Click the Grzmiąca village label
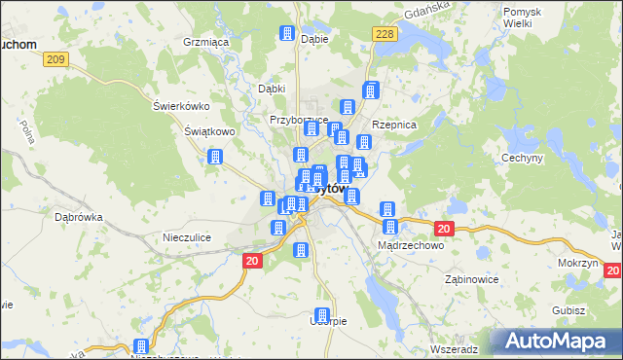[205, 43]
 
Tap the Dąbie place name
[314, 40]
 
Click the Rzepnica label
[394, 126]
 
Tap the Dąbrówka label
[79, 218]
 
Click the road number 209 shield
[56, 60]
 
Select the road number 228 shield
[385, 35]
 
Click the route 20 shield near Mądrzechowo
[444, 229]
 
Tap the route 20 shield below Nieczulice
[252, 261]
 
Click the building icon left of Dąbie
[287, 34]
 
